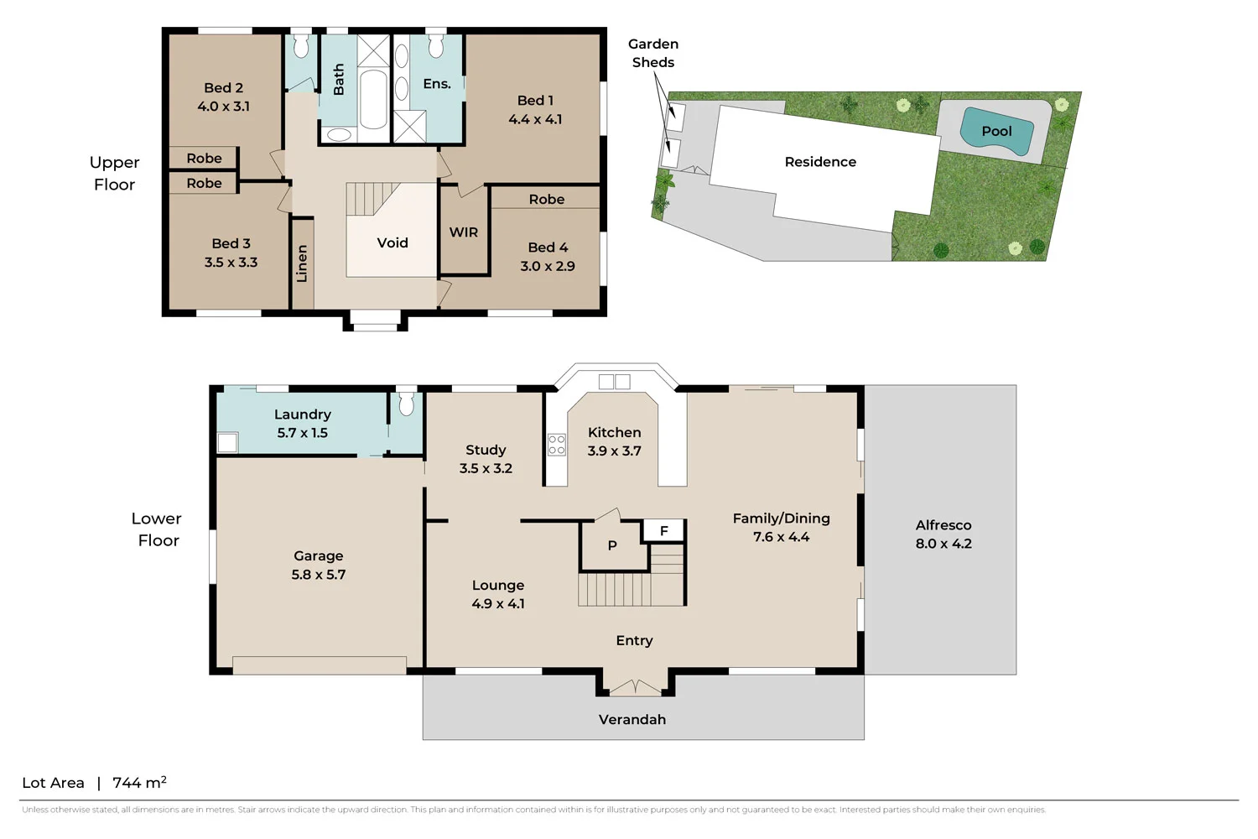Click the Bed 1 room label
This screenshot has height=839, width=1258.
point(535,101)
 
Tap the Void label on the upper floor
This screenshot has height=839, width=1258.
point(392,243)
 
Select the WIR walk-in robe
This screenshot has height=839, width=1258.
point(463,232)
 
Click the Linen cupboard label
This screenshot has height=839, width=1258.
point(302,263)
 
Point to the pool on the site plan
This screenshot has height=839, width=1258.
point(995,132)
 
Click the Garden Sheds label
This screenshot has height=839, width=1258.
point(653,53)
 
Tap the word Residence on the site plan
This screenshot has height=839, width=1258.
point(820,162)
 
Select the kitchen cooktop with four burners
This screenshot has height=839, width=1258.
point(557,445)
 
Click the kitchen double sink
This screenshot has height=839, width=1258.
point(614,382)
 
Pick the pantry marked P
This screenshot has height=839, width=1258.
point(612,545)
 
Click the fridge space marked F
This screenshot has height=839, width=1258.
point(663,531)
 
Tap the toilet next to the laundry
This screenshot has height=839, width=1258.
point(407,404)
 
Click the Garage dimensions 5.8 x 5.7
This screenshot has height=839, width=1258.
point(319,575)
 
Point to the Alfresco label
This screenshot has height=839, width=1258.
point(943,525)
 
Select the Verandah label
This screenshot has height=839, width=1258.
point(632,720)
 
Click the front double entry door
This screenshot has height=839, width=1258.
point(635,688)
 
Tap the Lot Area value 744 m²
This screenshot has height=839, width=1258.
point(139,783)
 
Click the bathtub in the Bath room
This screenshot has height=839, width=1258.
point(373,99)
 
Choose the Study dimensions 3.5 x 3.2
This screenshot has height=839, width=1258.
point(486,468)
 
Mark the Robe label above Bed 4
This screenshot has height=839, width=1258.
point(547,199)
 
